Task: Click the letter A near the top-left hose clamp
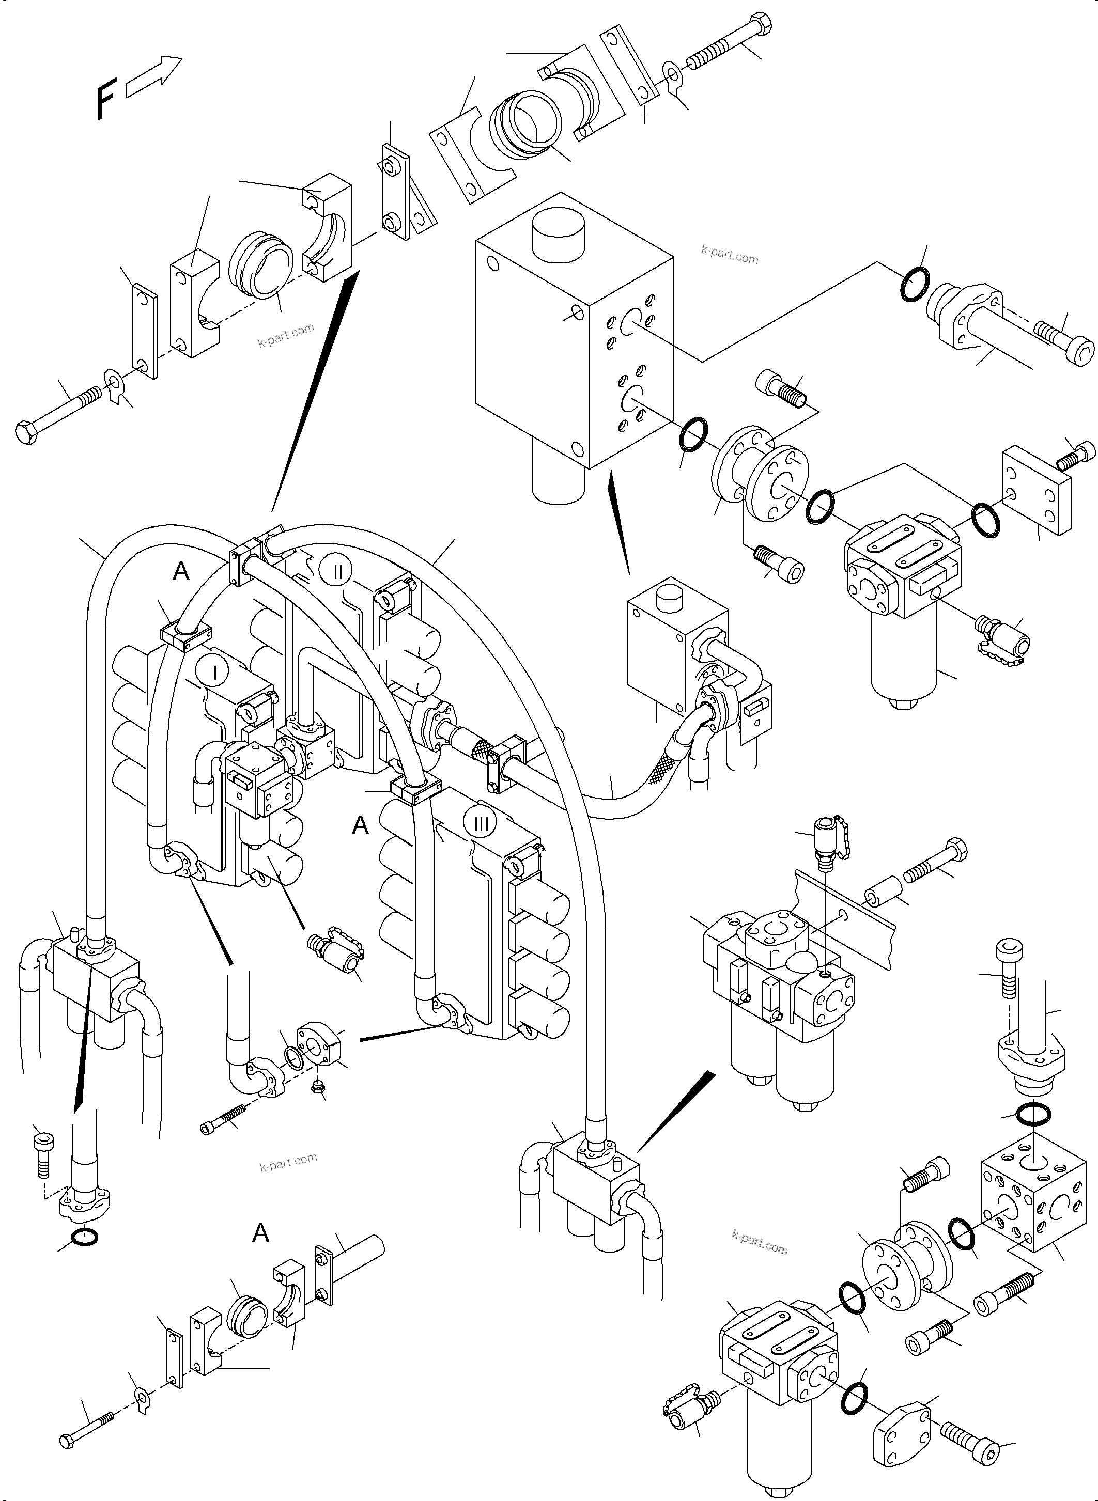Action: click(181, 571)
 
